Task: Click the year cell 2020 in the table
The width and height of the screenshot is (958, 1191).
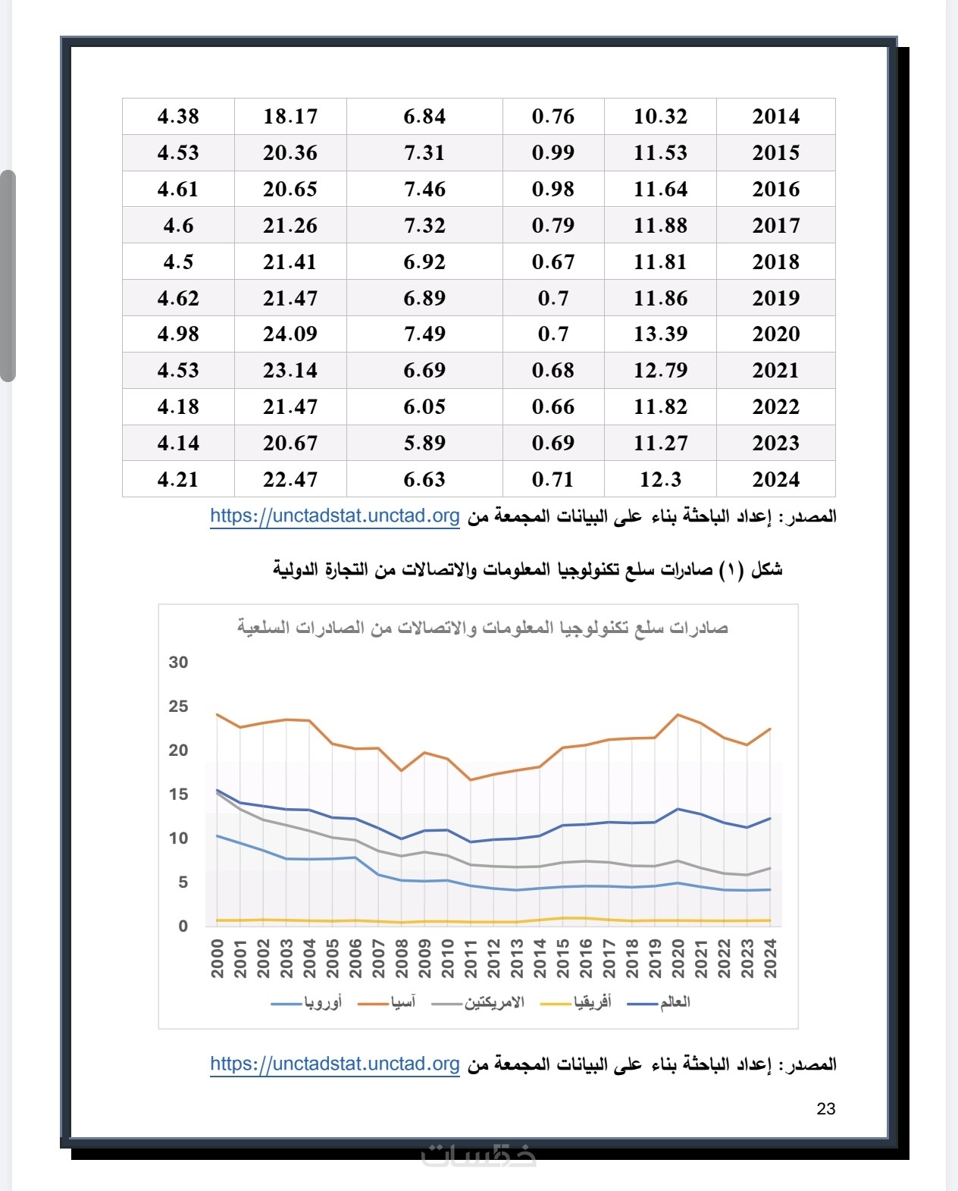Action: tap(775, 334)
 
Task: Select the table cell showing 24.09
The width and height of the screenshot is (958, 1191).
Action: tap(290, 334)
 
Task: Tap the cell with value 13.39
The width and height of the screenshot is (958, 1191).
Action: tap(660, 334)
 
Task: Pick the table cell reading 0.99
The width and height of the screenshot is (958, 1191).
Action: tap(553, 152)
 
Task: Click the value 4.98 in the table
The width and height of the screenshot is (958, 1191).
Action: tap(178, 334)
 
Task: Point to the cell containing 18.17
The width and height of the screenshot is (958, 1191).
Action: tap(290, 116)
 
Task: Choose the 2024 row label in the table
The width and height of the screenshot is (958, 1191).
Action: tap(775, 479)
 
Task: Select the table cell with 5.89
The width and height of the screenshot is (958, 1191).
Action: tap(424, 443)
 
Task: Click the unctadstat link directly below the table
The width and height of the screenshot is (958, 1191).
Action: tap(334, 516)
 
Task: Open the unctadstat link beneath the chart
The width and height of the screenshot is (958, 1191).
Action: tap(334, 1064)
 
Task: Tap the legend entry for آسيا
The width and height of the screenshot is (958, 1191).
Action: tap(392, 1002)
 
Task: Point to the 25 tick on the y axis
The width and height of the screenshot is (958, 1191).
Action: tap(178, 706)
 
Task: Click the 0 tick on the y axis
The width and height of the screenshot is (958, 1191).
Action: tap(183, 926)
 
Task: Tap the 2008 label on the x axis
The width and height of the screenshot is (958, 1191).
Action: tap(402, 958)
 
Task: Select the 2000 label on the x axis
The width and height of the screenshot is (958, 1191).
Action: tap(218, 958)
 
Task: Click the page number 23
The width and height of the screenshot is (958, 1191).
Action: tap(825, 1108)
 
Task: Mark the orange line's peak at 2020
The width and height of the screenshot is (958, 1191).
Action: tap(678, 714)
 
